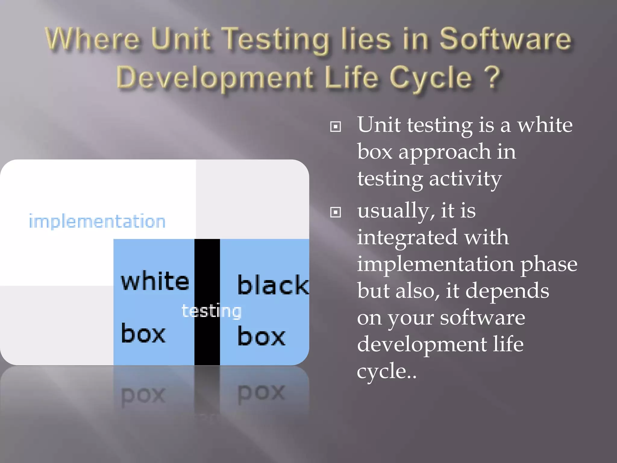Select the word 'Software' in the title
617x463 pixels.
pyautogui.click(x=505, y=39)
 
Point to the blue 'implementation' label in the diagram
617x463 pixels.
pyautogui.click(x=97, y=222)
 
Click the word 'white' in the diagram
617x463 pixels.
pyautogui.click(x=155, y=281)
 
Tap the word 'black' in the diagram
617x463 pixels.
pyautogui.click(x=273, y=285)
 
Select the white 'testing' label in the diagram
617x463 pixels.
pyautogui.click(x=211, y=311)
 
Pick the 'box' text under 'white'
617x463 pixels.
pyautogui.click(x=143, y=334)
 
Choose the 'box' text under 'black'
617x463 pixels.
pyautogui.click(x=261, y=336)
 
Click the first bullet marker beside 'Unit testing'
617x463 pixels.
pyautogui.click(x=336, y=127)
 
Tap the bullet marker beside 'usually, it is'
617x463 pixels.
pyautogui.click(x=336, y=212)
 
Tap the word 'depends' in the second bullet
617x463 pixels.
pyautogui.click(x=507, y=291)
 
